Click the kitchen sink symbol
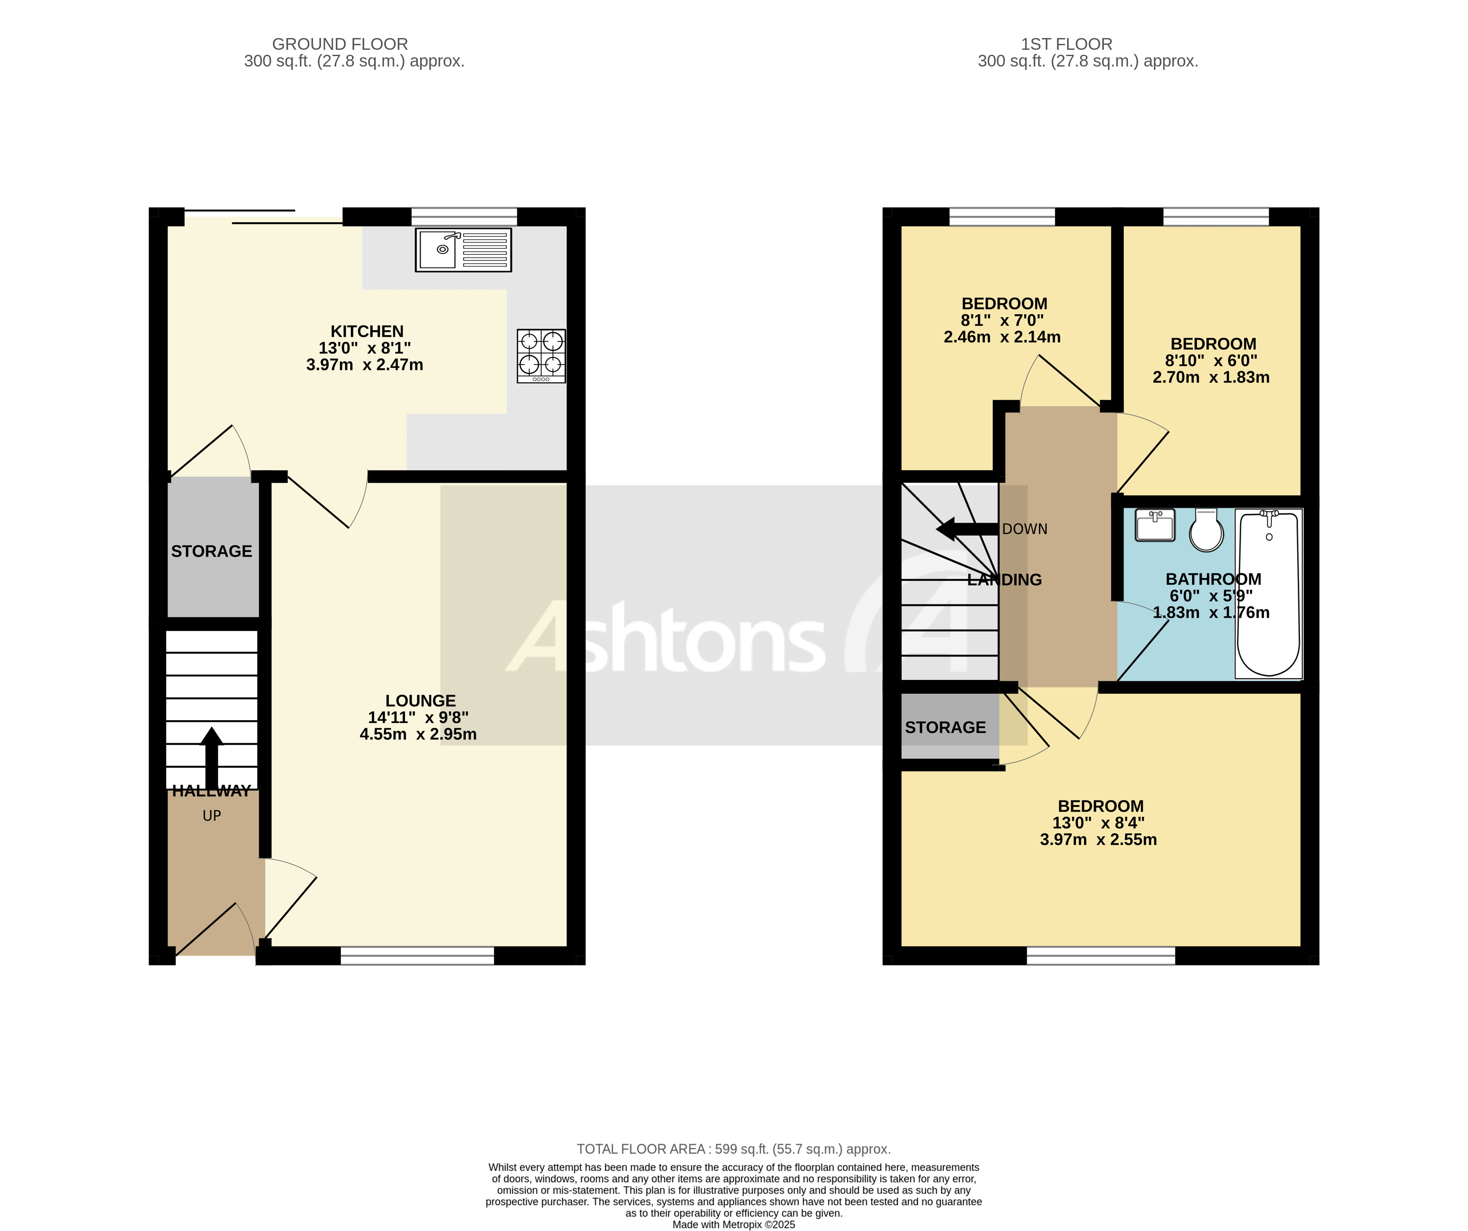click(x=463, y=249)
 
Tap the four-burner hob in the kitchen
click(x=541, y=356)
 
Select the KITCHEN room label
click(x=367, y=331)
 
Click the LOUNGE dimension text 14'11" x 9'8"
click(x=418, y=718)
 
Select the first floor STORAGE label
click(x=945, y=727)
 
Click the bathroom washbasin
click(x=1155, y=526)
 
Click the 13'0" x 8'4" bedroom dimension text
click(x=1098, y=823)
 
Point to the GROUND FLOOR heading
click(x=340, y=44)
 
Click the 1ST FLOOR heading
click(x=1066, y=44)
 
